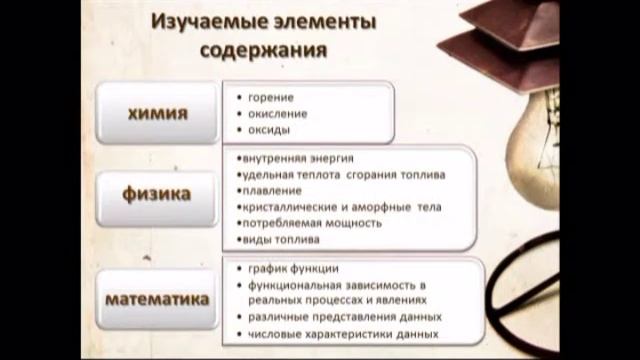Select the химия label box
(157, 113)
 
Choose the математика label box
(157, 299)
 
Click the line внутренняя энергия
(297, 158)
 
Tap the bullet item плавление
(270, 190)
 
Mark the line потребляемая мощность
(311, 223)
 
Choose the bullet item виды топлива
(281, 240)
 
